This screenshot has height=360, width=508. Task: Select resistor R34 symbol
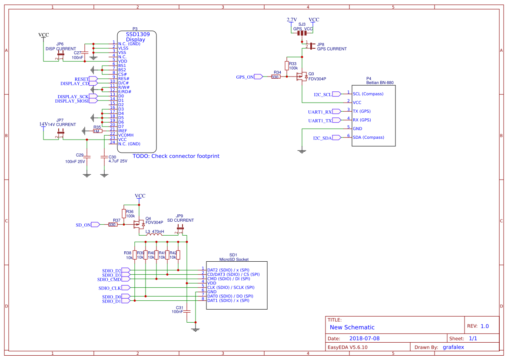(x=276, y=77)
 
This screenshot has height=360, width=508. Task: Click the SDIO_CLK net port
(x=126, y=287)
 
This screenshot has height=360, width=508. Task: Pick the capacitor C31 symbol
(x=187, y=311)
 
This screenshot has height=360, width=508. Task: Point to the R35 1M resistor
(x=97, y=131)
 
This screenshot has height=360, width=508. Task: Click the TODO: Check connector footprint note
(x=176, y=156)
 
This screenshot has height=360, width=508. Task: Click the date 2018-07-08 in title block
(x=364, y=338)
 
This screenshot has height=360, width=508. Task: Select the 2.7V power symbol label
(x=292, y=20)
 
